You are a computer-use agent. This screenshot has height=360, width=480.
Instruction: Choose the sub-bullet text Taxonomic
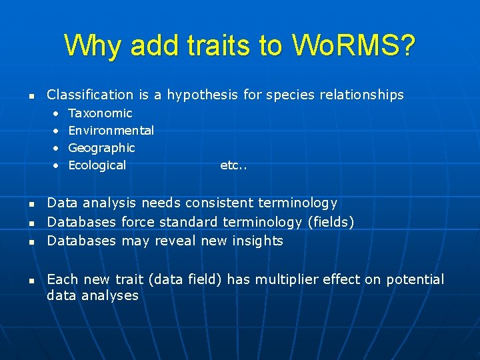coord(100,113)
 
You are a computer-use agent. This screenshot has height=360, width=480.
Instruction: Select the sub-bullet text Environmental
coord(111,131)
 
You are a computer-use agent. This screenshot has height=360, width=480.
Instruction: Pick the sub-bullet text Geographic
coord(101,148)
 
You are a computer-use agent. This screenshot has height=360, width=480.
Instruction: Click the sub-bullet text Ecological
coord(97,165)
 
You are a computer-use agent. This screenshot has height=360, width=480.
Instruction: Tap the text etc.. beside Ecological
coord(233,165)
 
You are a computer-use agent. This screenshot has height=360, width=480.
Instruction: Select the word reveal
coord(175,241)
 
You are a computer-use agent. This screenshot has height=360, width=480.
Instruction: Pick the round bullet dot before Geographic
coord(56,148)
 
